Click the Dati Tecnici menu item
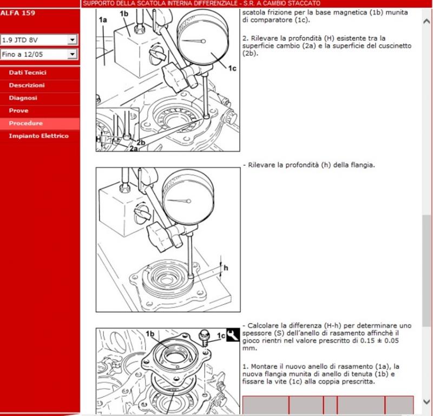click(28, 73)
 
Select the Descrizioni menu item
click(27, 86)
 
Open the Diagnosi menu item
click(23, 98)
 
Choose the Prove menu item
click(18, 111)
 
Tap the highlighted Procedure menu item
click(25, 123)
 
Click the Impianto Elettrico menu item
click(38, 136)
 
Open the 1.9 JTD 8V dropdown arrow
click(72, 40)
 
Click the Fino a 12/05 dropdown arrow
click(72, 54)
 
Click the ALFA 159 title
click(18, 13)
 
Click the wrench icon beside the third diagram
click(233, 335)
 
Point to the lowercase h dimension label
click(226, 268)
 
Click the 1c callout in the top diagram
click(232, 68)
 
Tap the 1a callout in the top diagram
click(103, 19)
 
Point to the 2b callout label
click(141, 142)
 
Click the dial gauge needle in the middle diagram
click(179, 200)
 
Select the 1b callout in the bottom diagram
click(150, 334)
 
